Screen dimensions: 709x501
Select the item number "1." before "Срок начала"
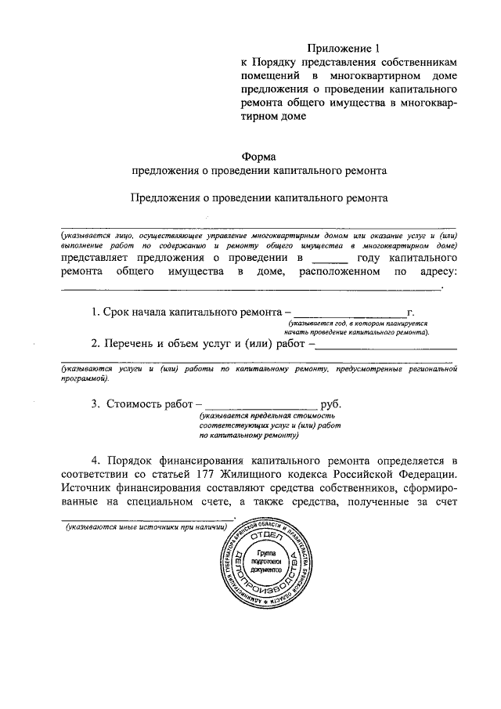96,312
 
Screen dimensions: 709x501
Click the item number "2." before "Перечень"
96,342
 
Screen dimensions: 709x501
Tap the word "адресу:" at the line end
433,272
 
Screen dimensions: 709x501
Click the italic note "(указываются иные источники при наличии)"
146,529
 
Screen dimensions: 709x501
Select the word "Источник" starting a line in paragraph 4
89,490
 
